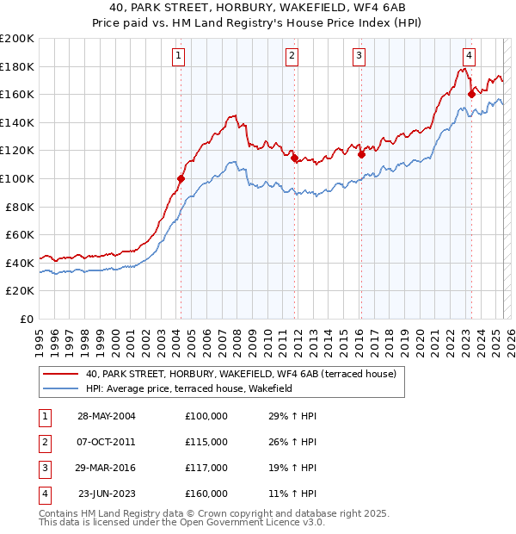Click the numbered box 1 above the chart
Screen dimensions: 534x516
click(178, 57)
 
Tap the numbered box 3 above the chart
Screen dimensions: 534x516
click(358, 57)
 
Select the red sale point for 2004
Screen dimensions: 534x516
click(181, 178)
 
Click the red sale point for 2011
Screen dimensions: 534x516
click(294, 158)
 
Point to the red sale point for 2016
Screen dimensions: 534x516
click(362, 155)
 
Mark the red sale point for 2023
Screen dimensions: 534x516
click(471, 94)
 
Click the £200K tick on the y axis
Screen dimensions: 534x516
click(17, 39)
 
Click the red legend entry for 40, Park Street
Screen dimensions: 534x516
click(241, 374)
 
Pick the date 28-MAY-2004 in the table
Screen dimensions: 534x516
click(106, 416)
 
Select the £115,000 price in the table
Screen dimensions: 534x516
click(206, 442)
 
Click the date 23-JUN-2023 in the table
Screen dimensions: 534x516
click(107, 494)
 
